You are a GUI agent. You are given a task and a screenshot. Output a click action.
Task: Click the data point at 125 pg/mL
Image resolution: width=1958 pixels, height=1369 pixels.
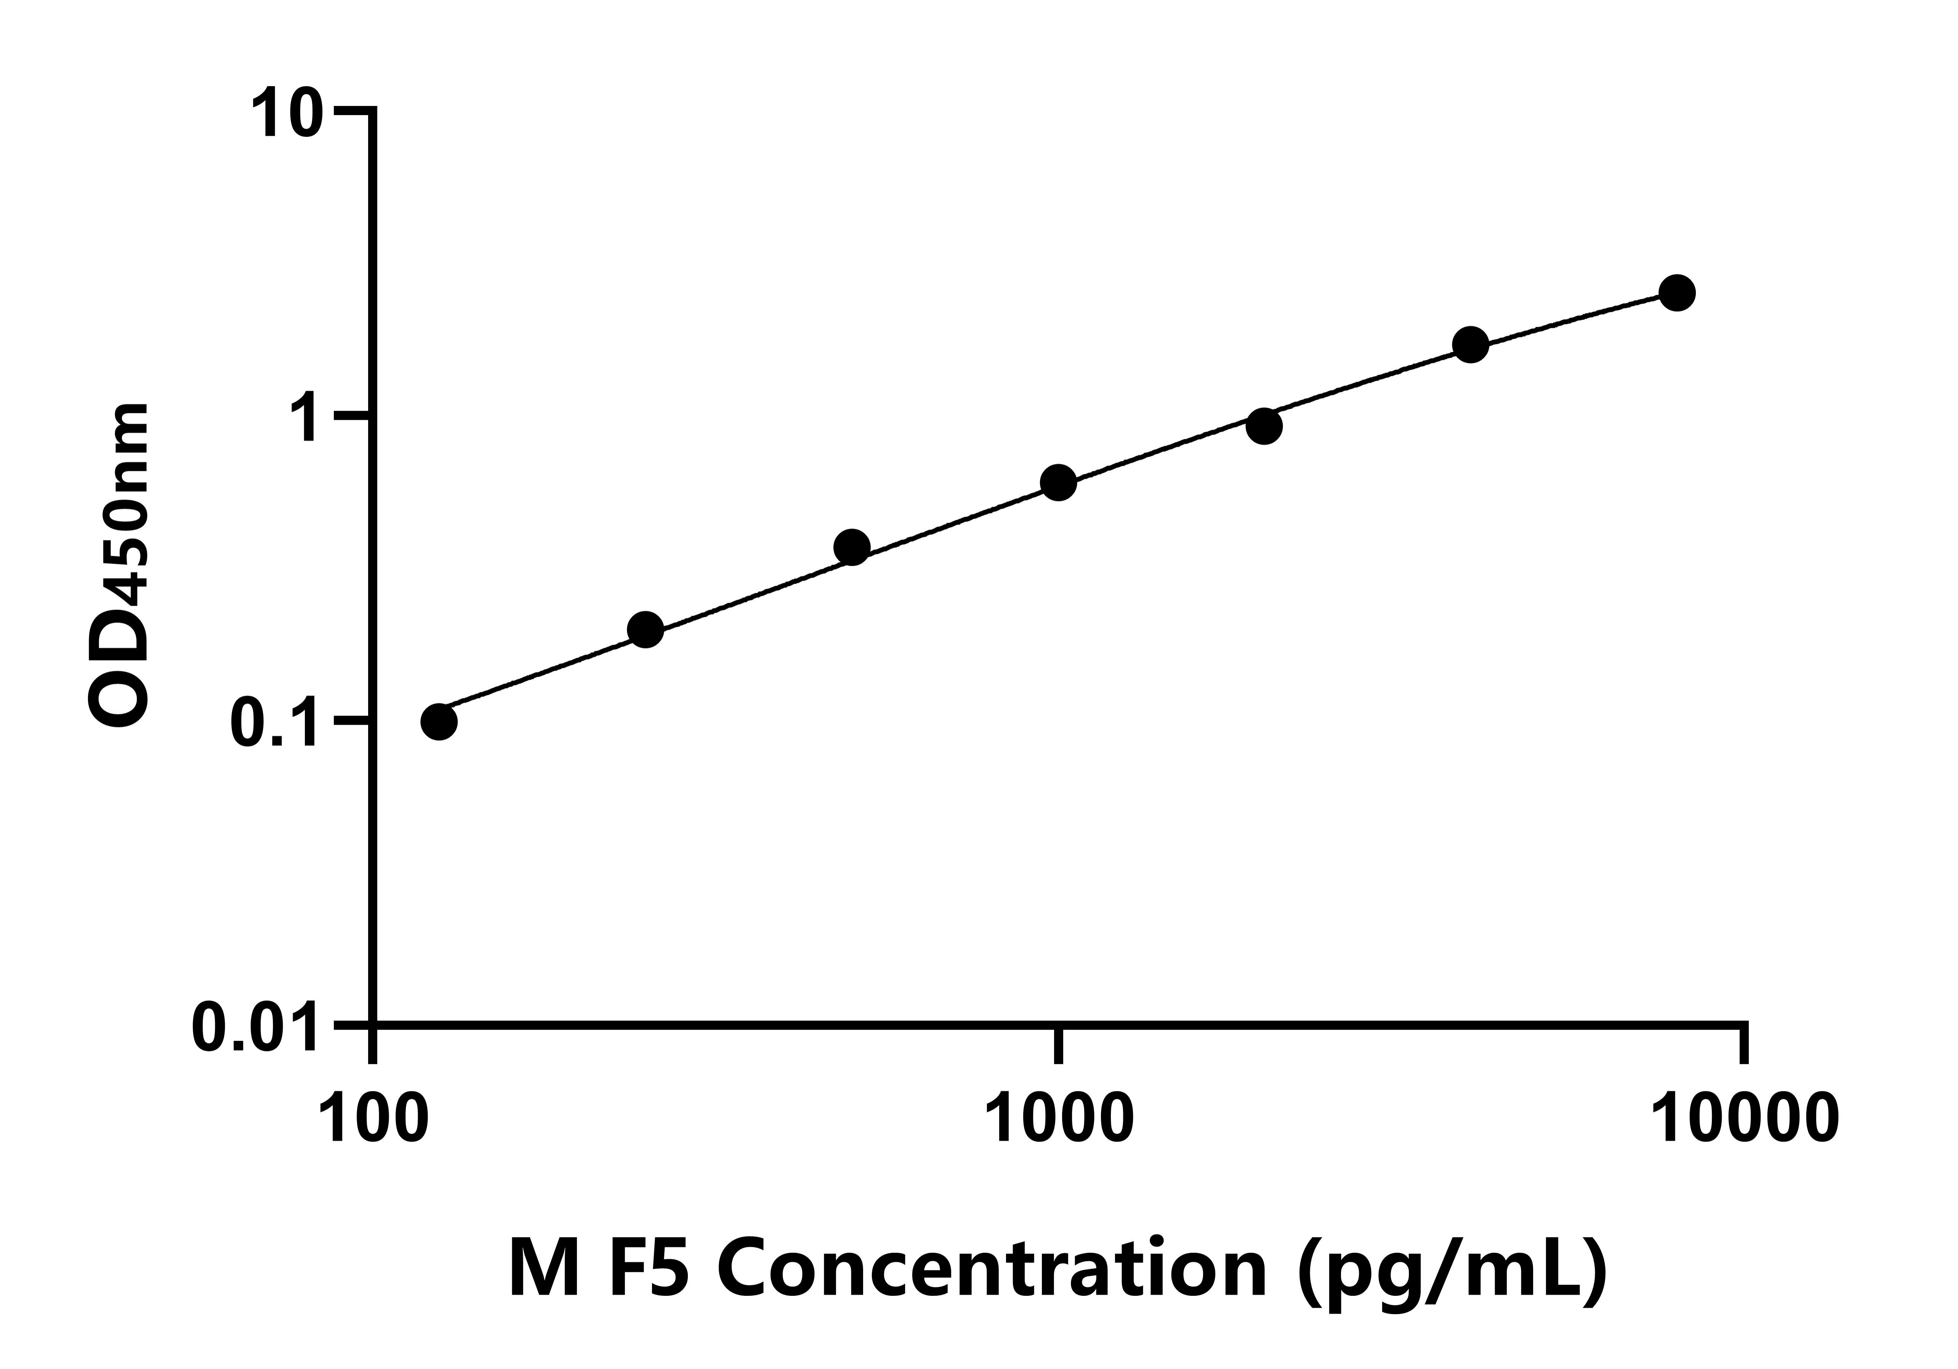click(x=438, y=722)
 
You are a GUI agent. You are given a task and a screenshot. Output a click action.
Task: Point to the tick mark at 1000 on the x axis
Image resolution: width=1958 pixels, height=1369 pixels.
click(x=1058, y=1045)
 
